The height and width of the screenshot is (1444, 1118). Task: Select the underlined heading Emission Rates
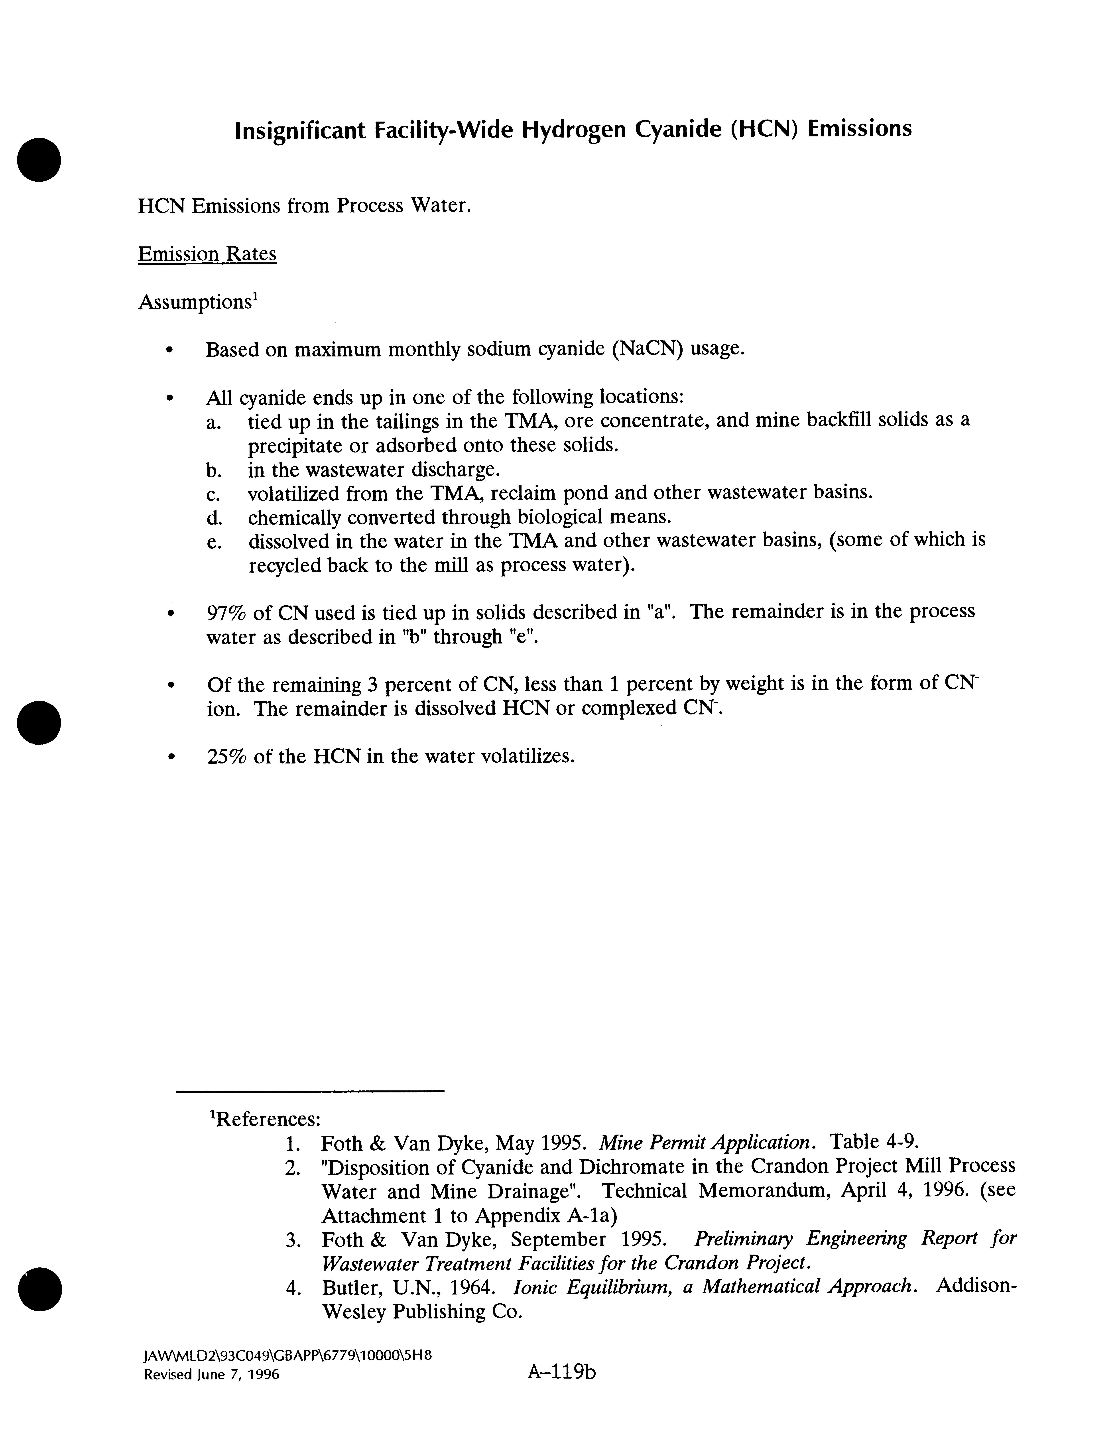pos(207,255)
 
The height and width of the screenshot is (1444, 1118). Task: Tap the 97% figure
pos(227,612)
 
